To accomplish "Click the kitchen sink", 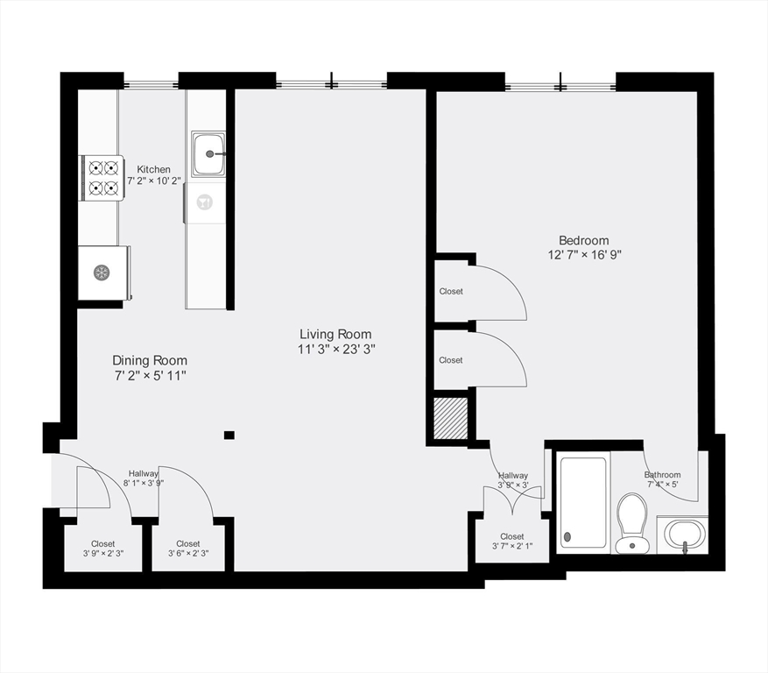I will click(x=208, y=154).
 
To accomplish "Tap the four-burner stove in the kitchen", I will click(x=101, y=177).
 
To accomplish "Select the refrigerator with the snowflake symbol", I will click(x=102, y=273).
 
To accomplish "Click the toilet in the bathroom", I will click(x=631, y=522).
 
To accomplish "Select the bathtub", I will click(x=583, y=503).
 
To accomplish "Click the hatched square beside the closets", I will click(x=452, y=419).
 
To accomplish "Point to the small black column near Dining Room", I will click(x=229, y=435).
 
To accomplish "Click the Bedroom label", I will click(x=583, y=240).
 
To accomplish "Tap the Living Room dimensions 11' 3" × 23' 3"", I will click(x=336, y=349).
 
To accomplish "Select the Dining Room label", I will click(x=149, y=360).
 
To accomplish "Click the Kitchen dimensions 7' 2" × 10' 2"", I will click(x=153, y=181).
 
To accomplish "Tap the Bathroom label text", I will click(x=662, y=475).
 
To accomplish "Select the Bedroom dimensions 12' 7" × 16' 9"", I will click(x=583, y=255).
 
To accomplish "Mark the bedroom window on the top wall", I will click(x=560, y=86).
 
